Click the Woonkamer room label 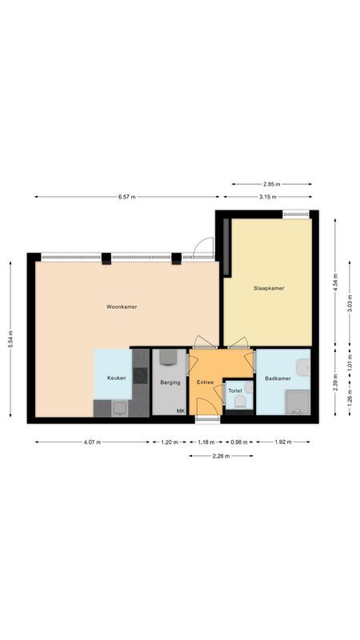[122, 306]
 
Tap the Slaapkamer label [269, 288]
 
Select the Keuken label [117, 377]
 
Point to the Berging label [170, 382]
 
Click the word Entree [206, 382]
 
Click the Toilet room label [235, 391]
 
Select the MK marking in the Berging [181, 411]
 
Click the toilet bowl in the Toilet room [238, 404]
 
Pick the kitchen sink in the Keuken [119, 406]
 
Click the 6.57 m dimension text [126, 196]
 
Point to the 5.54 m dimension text [10, 338]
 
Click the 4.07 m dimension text [92, 442]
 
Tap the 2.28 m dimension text [220, 456]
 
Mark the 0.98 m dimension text [238, 442]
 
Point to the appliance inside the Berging [169, 358]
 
